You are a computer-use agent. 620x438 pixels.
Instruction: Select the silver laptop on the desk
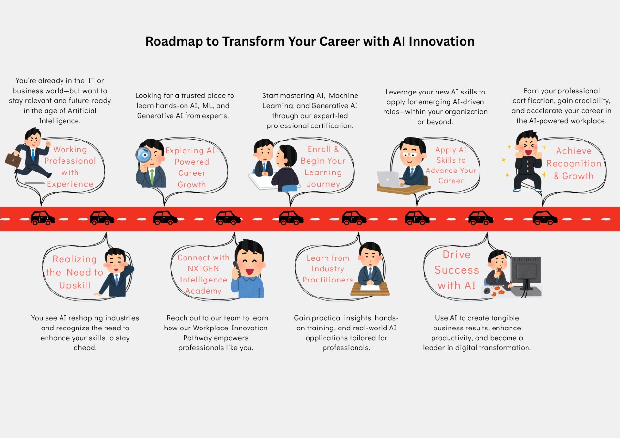point(389,179)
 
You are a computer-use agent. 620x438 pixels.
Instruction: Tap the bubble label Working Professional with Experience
point(70,167)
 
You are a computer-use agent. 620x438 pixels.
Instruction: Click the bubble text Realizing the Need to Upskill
point(75,272)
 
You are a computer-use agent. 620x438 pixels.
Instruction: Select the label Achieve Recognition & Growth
point(574,164)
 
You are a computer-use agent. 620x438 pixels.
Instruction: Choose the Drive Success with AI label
point(456,270)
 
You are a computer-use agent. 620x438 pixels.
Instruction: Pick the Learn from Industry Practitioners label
point(328,269)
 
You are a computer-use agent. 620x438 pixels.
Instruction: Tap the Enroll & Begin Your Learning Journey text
point(323,167)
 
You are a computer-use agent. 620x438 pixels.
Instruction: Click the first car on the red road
point(43,218)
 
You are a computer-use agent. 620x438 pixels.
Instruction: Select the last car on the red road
point(544,218)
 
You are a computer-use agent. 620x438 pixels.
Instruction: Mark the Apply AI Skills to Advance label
point(451,165)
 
